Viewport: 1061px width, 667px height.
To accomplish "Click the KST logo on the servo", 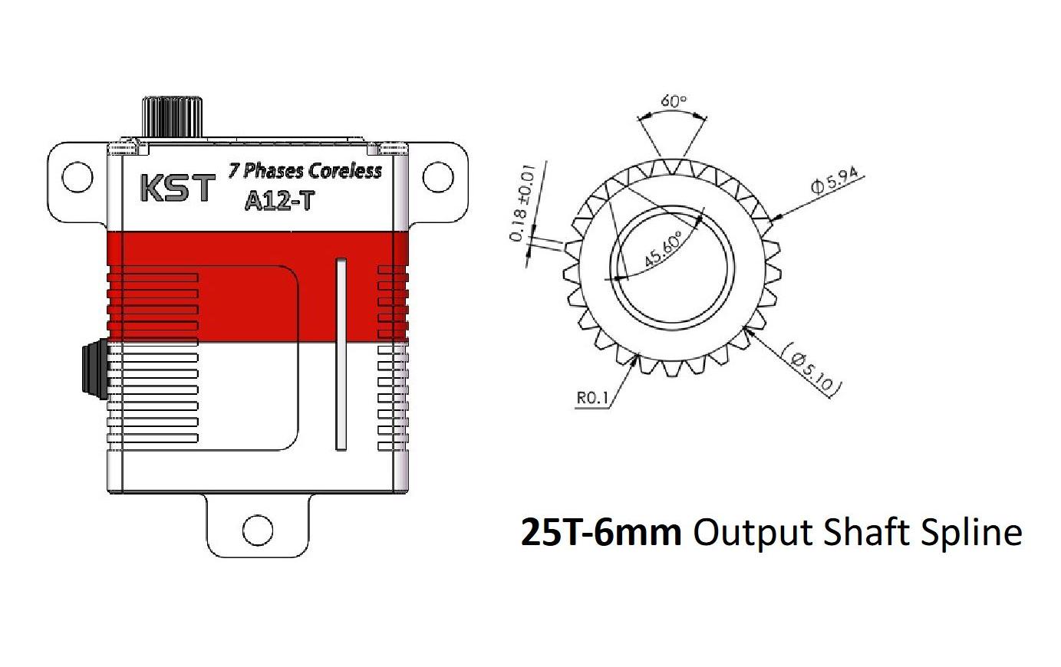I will click(x=176, y=188).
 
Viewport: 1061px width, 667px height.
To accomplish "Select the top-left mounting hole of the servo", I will click(x=77, y=178).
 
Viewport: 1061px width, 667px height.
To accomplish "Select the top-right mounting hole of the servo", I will click(x=438, y=178).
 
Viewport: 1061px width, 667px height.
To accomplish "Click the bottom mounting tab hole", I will click(x=258, y=529).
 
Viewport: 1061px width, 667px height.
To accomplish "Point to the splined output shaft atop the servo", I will click(x=172, y=117).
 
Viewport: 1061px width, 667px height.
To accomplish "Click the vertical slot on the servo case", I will click(x=341, y=354).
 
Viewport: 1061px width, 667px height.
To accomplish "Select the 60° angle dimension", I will click(x=674, y=100).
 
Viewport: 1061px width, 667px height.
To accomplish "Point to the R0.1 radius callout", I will click(x=592, y=398).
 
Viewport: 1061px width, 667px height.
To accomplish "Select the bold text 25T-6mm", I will click(x=601, y=532).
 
